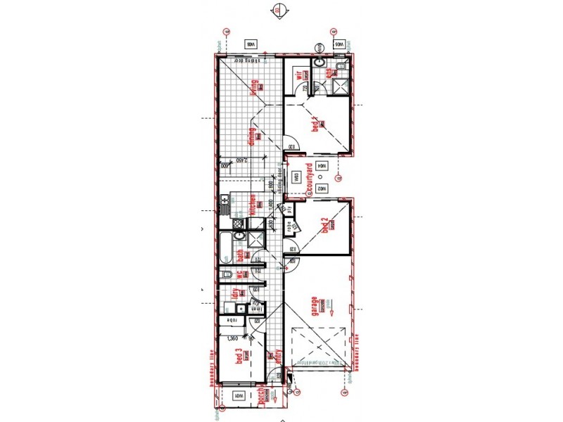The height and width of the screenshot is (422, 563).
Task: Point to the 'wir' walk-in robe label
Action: (298, 75)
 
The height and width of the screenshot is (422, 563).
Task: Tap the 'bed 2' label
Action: (324, 226)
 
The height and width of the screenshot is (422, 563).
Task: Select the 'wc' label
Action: (239, 276)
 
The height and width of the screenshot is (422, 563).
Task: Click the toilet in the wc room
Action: (226, 275)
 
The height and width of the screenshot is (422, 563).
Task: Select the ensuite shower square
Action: (341, 86)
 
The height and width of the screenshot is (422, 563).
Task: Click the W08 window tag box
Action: (250, 44)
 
